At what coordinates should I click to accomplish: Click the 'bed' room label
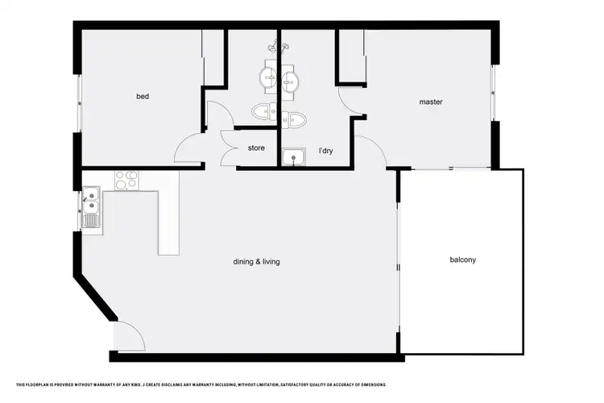click(143, 97)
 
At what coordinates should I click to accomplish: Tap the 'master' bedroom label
click(431, 102)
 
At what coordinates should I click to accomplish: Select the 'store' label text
click(256, 148)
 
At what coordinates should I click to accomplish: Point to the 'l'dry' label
click(326, 151)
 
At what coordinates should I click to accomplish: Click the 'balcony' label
click(463, 260)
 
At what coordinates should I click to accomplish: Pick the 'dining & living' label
click(256, 261)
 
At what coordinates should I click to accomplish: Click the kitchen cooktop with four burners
click(126, 180)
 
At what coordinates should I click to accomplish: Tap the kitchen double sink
click(90, 202)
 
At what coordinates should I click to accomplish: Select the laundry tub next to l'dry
click(293, 156)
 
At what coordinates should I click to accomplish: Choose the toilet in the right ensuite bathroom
click(293, 121)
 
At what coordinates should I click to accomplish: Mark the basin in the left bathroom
click(268, 77)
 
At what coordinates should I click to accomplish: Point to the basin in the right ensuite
click(291, 80)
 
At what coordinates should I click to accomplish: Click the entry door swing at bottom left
click(129, 334)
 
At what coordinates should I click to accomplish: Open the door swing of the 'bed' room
click(189, 149)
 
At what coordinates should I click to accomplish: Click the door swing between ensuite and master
click(351, 101)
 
